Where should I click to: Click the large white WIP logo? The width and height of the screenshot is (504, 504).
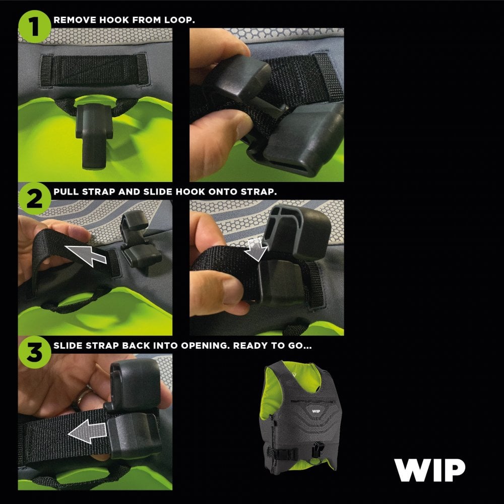(x=430, y=470)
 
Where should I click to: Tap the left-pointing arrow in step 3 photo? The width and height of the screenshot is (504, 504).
(x=91, y=431)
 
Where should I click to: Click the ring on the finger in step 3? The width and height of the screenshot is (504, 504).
(x=78, y=399)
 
